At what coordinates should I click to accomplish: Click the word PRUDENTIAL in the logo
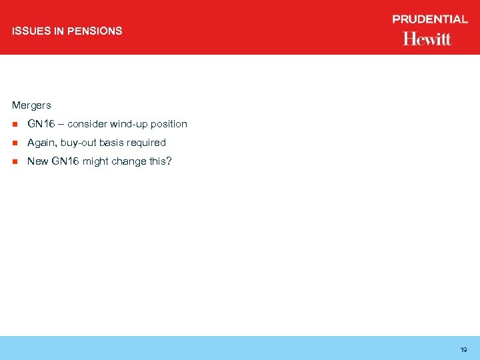pyautogui.click(x=430, y=20)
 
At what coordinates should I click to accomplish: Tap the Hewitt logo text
pyautogui.click(x=427, y=39)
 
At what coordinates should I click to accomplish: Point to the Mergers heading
pyautogui.click(x=31, y=105)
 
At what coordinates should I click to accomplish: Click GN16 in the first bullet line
pyautogui.click(x=40, y=124)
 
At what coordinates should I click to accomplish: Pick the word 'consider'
pyautogui.click(x=87, y=124)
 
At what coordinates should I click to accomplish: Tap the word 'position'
pyautogui.click(x=169, y=125)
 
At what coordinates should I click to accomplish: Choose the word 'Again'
pyautogui.click(x=41, y=143)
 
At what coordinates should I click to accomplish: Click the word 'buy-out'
pyautogui.click(x=79, y=143)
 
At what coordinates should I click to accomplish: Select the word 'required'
pyautogui.click(x=146, y=143)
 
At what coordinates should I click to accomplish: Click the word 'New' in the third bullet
pyautogui.click(x=37, y=161)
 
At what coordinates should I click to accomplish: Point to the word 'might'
pyautogui.click(x=95, y=161)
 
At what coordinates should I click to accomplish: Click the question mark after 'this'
pyautogui.click(x=169, y=161)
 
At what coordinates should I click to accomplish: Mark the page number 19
pyautogui.click(x=463, y=349)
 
